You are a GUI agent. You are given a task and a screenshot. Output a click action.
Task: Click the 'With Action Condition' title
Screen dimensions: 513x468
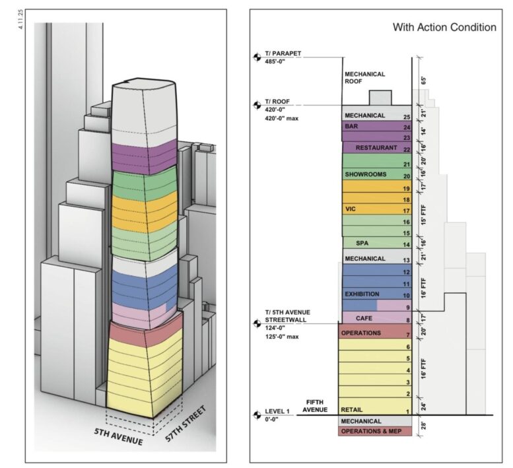coord(444,27)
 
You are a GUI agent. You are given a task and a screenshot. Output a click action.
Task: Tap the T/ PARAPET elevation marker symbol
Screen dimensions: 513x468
coord(257,57)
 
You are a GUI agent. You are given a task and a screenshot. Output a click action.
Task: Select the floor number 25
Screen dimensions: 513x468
coord(407,117)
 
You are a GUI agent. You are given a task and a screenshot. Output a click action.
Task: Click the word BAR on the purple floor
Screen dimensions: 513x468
coord(351,126)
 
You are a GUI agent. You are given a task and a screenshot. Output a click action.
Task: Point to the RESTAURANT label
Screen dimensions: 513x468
coord(376,148)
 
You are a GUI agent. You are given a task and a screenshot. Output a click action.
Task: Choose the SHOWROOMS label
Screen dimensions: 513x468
coord(366,174)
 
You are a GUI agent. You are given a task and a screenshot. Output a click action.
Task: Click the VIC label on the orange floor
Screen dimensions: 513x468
coord(350,209)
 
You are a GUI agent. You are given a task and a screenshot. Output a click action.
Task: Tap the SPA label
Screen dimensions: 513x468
coord(362,244)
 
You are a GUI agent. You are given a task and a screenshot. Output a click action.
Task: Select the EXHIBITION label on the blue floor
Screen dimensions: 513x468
coord(362,294)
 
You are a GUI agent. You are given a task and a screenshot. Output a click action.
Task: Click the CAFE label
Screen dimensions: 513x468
coord(364,318)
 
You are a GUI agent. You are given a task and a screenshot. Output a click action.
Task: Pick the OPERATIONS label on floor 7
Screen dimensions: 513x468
coord(361,333)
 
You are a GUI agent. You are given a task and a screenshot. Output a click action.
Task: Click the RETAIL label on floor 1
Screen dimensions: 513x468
coord(352,410)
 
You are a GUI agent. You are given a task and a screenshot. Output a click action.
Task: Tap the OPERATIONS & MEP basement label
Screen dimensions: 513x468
coord(371,432)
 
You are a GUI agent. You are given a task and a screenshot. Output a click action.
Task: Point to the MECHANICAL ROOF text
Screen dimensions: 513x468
coord(365,78)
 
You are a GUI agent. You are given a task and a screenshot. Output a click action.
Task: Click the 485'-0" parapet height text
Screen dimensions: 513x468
coord(275,61)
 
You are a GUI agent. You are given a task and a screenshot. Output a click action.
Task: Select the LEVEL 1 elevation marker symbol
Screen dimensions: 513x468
coord(257,415)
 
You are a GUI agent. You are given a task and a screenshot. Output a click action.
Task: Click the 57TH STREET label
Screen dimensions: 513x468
coord(186,424)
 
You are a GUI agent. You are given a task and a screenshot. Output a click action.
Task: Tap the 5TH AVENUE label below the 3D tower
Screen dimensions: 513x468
coord(118,436)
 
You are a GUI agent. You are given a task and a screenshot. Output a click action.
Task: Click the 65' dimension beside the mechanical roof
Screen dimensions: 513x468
coord(424,81)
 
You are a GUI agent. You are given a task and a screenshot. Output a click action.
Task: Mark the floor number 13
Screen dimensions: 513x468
coord(406,260)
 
